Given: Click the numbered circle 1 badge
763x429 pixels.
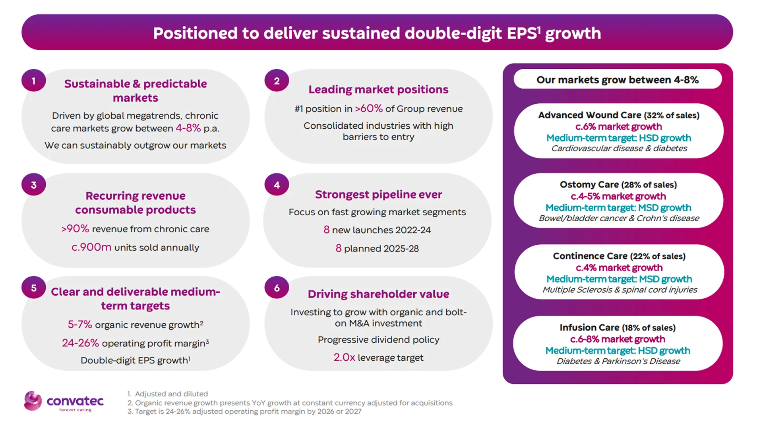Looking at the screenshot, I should click(x=34, y=81).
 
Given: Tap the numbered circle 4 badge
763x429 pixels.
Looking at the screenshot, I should click(x=277, y=185).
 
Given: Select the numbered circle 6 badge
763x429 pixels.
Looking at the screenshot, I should click(x=277, y=288).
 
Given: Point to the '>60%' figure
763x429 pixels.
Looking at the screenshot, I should click(x=368, y=108).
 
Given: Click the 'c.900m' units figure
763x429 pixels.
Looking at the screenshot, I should click(x=91, y=247).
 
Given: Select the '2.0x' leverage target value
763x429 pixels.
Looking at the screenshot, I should click(x=344, y=357).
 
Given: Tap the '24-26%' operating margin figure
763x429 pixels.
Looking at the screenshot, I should click(x=80, y=343).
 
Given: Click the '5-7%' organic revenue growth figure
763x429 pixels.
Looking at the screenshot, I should click(x=80, y=325).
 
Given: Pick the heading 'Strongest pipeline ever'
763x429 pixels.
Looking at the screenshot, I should click(x=378, y=195).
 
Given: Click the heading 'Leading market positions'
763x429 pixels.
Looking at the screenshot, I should click(x=378, y=90).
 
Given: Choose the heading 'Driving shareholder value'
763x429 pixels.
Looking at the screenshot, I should click(x=378, y=294).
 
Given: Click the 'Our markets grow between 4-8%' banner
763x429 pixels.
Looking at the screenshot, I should click(x=618, y=80).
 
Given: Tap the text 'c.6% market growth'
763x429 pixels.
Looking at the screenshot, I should click(x=618, y=127).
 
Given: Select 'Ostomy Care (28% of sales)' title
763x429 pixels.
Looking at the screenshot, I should click(x=618, y=185).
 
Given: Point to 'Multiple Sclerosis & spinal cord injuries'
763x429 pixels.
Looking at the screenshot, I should click(x=620, y=290).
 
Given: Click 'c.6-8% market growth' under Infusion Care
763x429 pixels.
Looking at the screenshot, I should click(x=618, y=339).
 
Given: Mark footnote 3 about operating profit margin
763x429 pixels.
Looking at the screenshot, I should click(x=244, y=412).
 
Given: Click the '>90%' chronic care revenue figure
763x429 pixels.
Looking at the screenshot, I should click(x=75, y=229).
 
